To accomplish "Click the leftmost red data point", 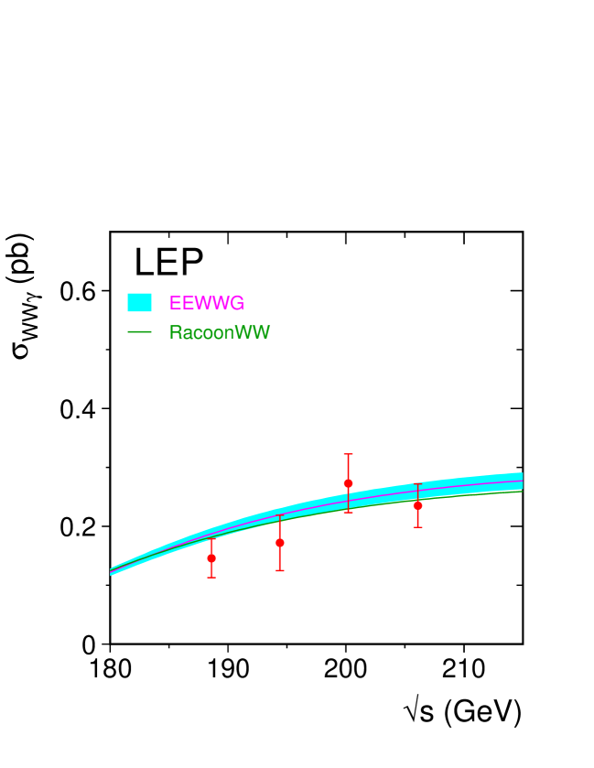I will click(211, 557).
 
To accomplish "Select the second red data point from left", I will click(280, 542).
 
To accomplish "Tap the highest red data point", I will click(348, 482).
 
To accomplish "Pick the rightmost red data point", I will click(417, 505).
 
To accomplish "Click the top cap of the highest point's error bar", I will click(348, 454).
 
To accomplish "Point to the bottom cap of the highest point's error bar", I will click(348, 512).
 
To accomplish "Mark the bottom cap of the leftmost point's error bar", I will click(211, 578).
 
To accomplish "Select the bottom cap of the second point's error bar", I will click(280, 571).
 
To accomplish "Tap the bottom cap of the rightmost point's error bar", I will click(417, 527).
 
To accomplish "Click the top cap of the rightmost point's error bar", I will click(417, 483).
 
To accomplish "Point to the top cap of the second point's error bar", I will click(280, 515).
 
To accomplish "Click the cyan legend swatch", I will click(139, 302).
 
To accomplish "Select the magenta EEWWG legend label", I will click(207, 303).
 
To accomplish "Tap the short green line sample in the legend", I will click(139, 331).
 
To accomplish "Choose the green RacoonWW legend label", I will click(220, 332).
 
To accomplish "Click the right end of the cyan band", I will click(521, 481).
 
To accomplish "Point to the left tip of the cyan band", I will click(112, 571).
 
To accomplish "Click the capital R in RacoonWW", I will click(175, 332).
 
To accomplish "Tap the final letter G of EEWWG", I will click(238, 303).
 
